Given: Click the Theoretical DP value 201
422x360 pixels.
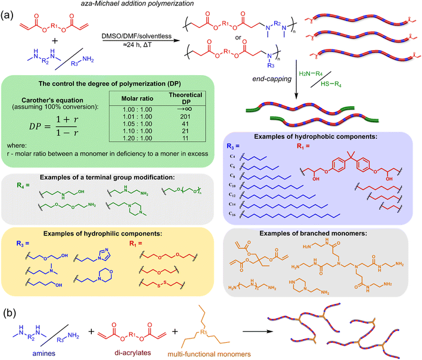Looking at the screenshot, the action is pyautogui.click(x=185, y=117).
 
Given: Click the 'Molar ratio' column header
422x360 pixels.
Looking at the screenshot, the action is pyautogui.click(x=137, y=98).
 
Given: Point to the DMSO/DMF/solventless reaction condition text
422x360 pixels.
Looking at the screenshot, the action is pyautogui.click(x=136, y=36).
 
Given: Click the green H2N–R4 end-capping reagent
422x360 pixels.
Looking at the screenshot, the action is pyautogui.click(x=311, y=73).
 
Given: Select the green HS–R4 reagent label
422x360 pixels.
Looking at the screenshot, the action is pyautogui.click(x=331, y=84).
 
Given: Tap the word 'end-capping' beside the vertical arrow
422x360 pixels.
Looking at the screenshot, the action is pyautogui.click(x=272, y=79).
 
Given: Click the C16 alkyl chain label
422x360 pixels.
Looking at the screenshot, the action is pyautogui.click(x=232, y=213).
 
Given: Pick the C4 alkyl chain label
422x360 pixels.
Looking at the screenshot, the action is pyautogui.click(x=232, y=156).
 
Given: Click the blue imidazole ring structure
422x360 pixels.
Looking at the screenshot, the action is pyautogui.click(x=104, y=254).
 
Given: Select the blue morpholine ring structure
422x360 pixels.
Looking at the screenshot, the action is pyautogui.click(x=105, y=275).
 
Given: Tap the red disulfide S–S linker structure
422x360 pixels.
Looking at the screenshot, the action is pyautogui.click(x=162, y=284).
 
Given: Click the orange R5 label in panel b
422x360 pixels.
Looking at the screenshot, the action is pyautogui.click(x=204, y=333).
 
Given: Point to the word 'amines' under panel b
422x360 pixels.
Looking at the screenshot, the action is pyautogui.click(x=44, y=353).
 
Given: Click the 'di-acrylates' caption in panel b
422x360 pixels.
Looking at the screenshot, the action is pyautogui.click(x=133, y=353).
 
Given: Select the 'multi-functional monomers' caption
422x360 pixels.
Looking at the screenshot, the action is pyautogui.click(x=209, y=354).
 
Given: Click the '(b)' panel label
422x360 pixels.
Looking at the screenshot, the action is pyautogui.click(x=10, y=313).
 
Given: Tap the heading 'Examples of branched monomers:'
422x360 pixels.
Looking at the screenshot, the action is pyautogui.click(x=313, y=233).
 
